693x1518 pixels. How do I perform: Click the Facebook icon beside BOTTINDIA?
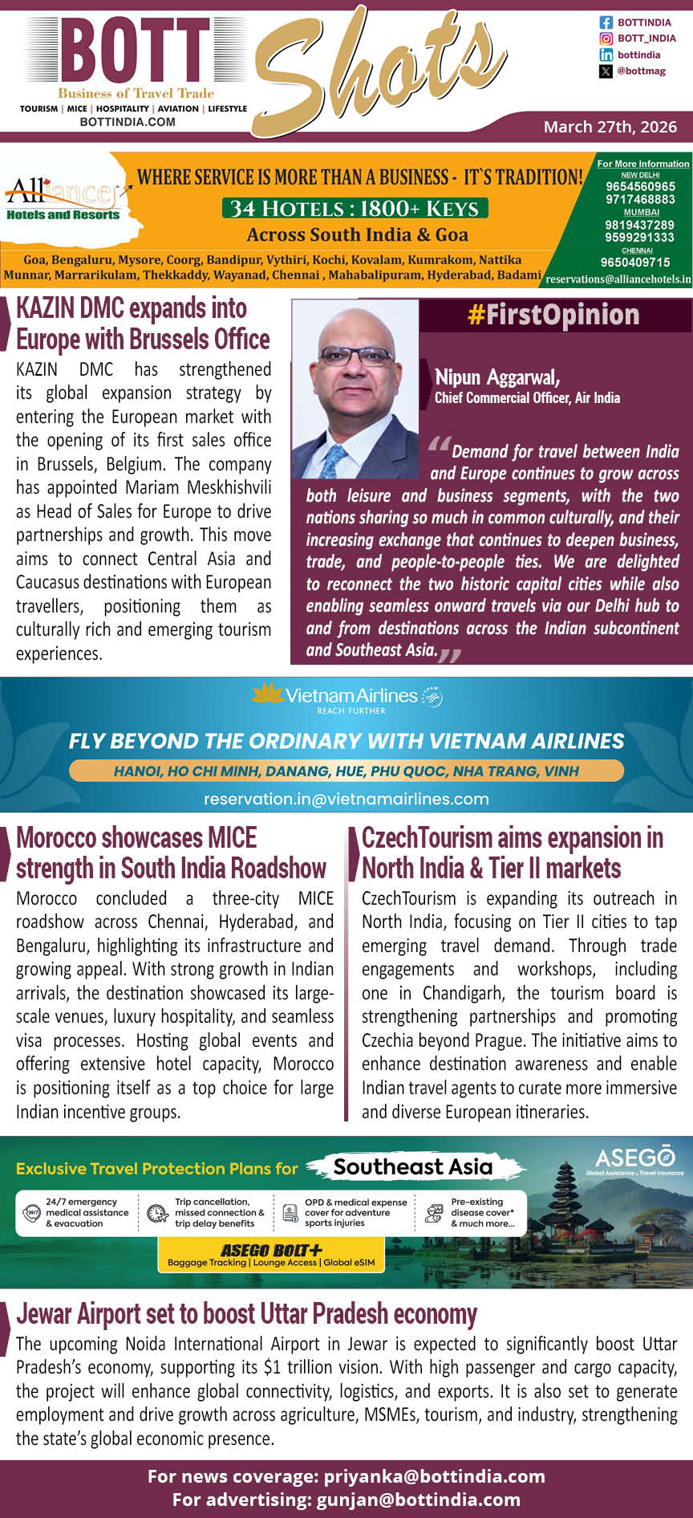point(606,22)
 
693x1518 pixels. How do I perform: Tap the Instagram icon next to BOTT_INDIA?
point(606,39)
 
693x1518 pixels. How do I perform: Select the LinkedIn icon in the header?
point(606,55)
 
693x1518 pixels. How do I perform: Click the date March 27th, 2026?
point(610,127)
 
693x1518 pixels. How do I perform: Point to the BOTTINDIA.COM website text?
point(128,122)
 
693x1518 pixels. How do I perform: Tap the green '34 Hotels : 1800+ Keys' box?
point(355,209)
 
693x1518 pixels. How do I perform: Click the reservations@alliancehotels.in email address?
point(618,279)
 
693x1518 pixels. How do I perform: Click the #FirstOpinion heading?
point(553,315)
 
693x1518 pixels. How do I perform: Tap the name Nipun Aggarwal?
point(497,377)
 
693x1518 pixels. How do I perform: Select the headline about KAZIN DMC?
point(143,324)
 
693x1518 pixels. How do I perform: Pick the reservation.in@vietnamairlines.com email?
point(346,799)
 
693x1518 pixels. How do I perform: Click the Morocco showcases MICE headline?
point(171,853)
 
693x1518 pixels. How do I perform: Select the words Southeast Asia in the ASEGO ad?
point(412,1166)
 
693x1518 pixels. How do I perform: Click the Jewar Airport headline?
point(246,1314)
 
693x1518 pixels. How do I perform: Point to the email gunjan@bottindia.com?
point(418,1499)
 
